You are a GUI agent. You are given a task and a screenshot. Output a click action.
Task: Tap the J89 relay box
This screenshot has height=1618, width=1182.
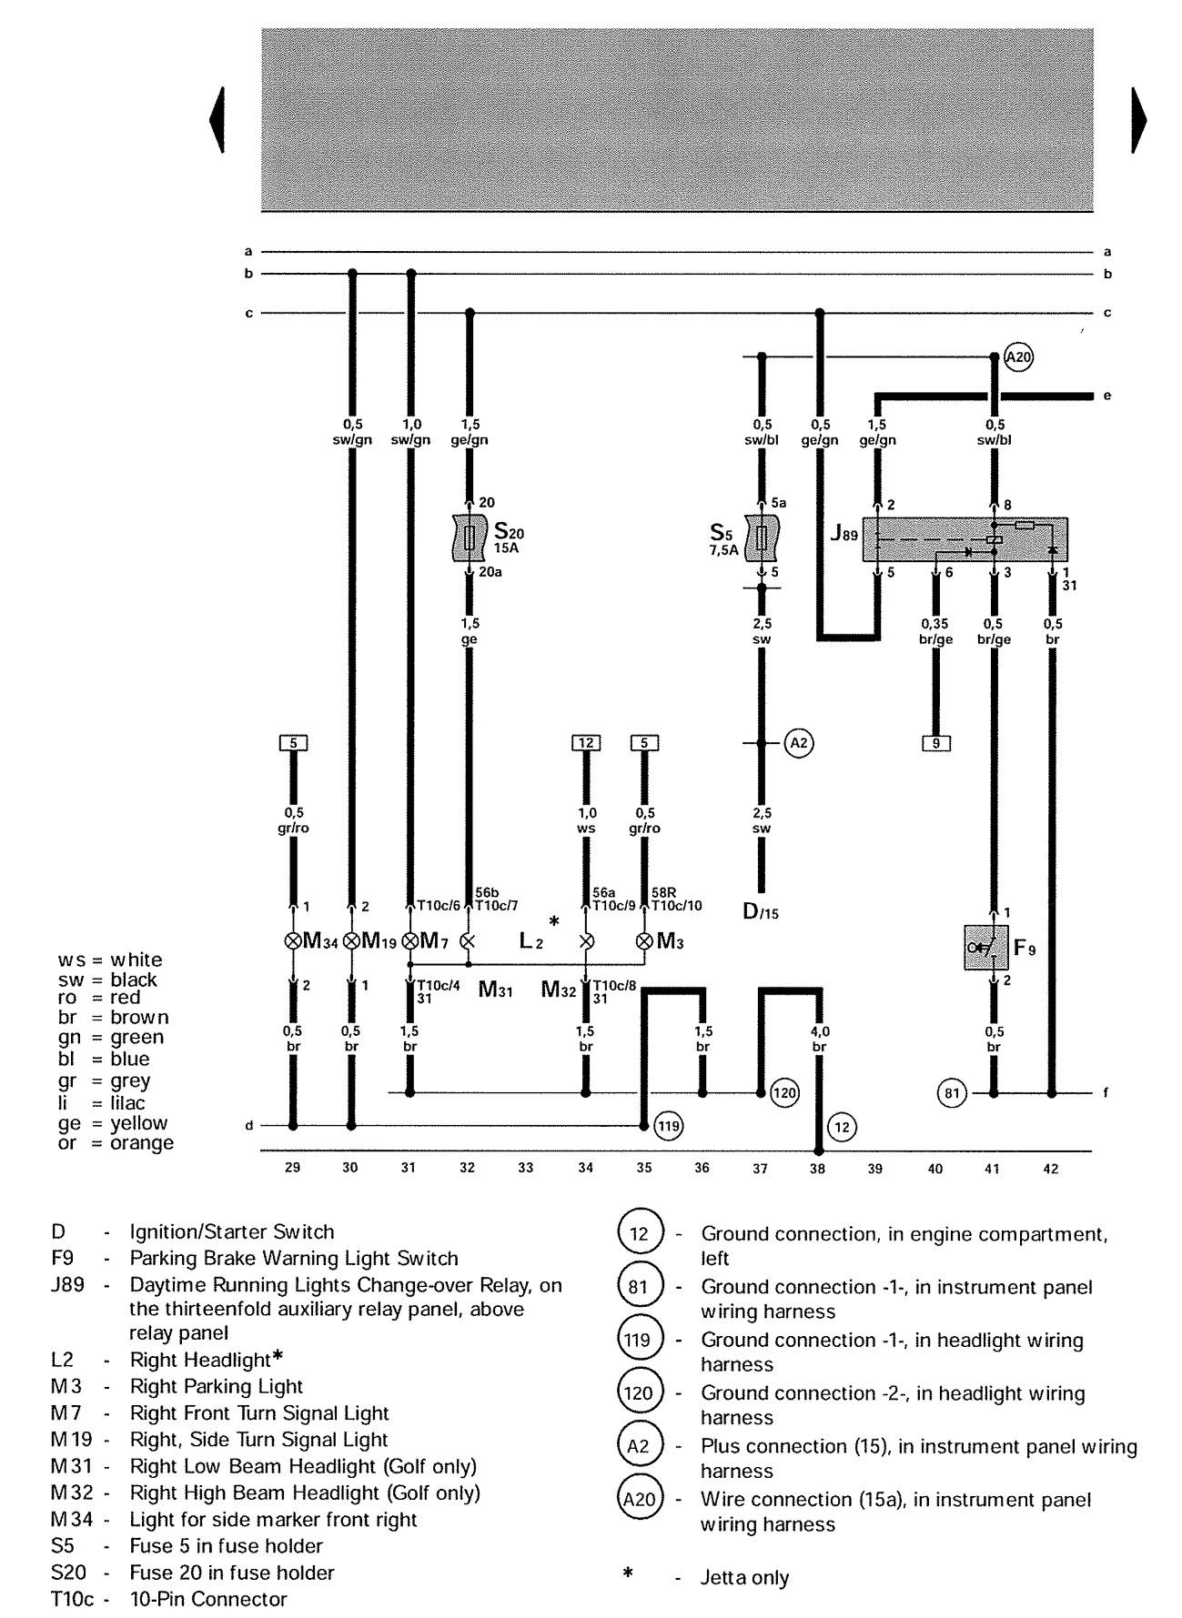click(x=965, y=540)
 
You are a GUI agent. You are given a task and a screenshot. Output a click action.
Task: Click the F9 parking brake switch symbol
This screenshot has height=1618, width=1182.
click(x=986, y=949)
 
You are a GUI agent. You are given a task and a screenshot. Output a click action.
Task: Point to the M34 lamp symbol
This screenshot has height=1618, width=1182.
click(x=293, y=941)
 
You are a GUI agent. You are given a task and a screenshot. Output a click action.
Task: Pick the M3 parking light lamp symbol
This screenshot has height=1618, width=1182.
click(x=644, y=941)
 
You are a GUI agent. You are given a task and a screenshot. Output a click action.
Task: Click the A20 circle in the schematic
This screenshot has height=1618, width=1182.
click(x=1019, y=357)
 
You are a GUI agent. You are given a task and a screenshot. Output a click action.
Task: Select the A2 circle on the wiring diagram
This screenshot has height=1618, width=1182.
click(x=798, y=744)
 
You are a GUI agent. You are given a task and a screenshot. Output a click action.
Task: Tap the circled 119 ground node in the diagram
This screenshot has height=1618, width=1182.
click(x=669, y=1126)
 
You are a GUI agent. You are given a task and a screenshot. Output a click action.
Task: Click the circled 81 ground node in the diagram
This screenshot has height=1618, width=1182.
click(x=952, y=1092)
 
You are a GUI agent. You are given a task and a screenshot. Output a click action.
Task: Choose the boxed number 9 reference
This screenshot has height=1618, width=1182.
click(x=934, y=743)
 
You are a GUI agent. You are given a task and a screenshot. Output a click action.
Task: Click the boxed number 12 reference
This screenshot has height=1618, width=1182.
click(x=586, y=743)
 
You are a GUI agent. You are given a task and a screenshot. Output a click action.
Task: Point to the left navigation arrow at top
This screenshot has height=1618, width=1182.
click(x=217, y=120)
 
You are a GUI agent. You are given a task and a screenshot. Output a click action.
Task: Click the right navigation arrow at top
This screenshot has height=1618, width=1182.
click(x=1138, y=120)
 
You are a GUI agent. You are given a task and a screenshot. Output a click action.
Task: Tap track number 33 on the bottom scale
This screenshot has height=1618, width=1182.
click(x=526, y=1169)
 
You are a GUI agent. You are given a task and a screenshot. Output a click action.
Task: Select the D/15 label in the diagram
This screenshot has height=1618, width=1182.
click(x=762, y=911)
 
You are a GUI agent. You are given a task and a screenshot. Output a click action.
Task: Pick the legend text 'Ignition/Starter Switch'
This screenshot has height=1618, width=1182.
click(x=232, y=1232)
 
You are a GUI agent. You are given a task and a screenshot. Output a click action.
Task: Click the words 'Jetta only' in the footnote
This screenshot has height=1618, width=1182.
click(x=745, y=1578)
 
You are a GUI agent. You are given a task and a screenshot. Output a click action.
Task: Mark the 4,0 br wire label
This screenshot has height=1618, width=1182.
click(x=819, y=1040)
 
